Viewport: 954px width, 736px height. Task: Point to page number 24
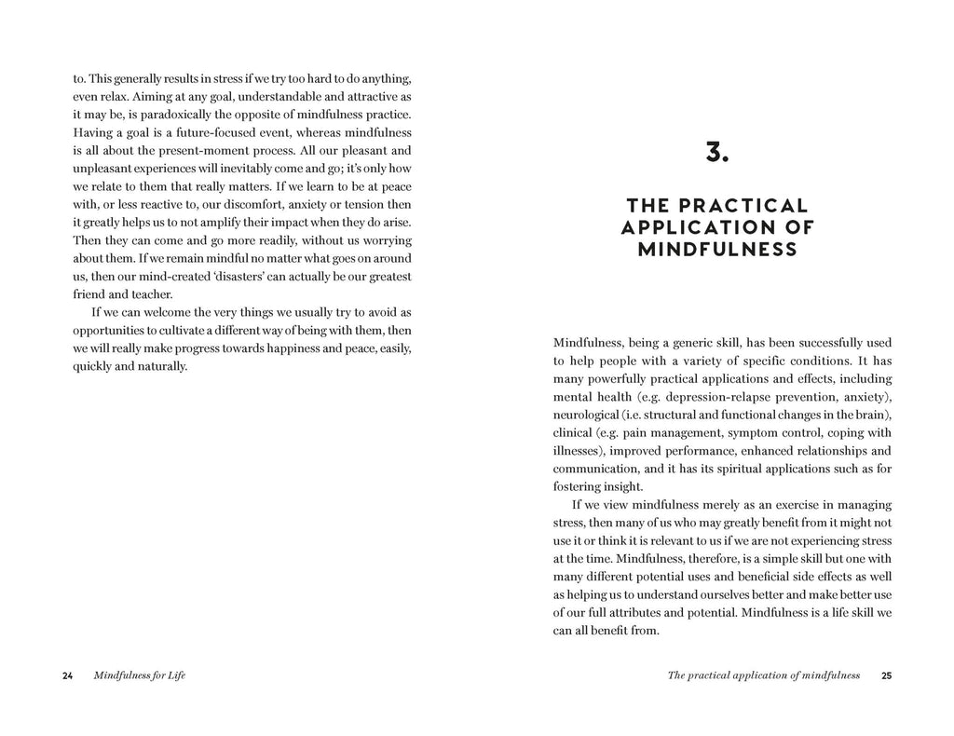point(67,675)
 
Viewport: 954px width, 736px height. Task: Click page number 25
point(886,675)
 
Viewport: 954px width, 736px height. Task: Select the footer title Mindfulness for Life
point(140,675)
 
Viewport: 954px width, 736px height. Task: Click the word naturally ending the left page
point(161,365)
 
